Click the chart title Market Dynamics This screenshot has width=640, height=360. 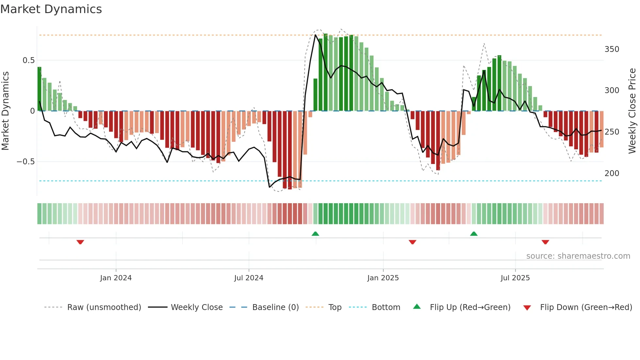[x=51, y=9]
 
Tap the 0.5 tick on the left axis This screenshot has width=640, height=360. [x=28, y=60]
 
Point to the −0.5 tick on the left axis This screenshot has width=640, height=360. [x=26, y=162]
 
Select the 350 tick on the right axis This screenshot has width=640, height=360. [x=612, y=49]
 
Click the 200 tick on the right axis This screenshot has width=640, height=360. [x=612, y=173]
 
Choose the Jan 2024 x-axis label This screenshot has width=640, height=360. [x=116, y=278]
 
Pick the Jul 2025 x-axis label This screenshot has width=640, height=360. [x=515, y=278]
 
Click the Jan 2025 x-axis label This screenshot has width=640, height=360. [x=383, y=278]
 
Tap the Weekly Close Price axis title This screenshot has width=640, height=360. [x=632, y=111]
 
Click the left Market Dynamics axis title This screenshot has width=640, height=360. [x=5, y=111]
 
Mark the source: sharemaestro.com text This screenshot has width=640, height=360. [x=578, y=256]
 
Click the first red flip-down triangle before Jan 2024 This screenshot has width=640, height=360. [x=80, y=242]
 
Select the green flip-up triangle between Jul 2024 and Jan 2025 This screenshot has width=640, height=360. [x=315, y=234]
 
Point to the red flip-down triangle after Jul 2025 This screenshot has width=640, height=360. [x=545, y=242]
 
